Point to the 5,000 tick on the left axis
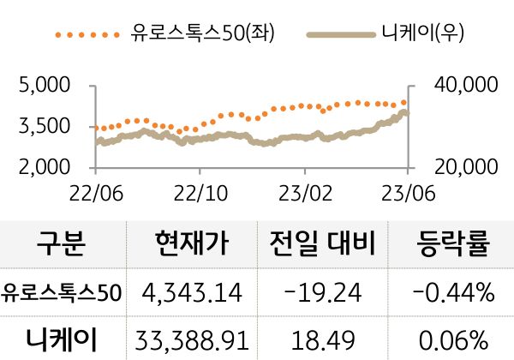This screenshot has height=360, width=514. tap(44, 86)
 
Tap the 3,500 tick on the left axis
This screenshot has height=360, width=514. tap(44, 126)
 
